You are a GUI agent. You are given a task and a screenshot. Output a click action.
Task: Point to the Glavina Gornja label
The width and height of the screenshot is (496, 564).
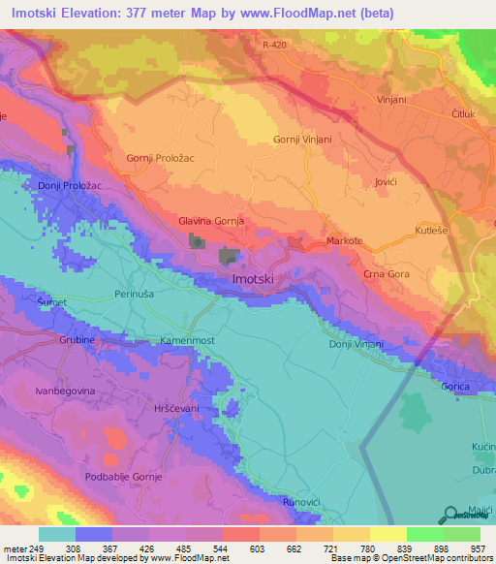210,221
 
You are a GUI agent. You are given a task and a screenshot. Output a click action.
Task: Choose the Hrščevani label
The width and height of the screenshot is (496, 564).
174,409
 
